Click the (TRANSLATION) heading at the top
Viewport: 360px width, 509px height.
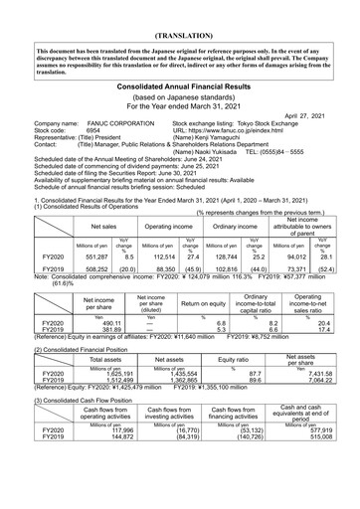point(180,18)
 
